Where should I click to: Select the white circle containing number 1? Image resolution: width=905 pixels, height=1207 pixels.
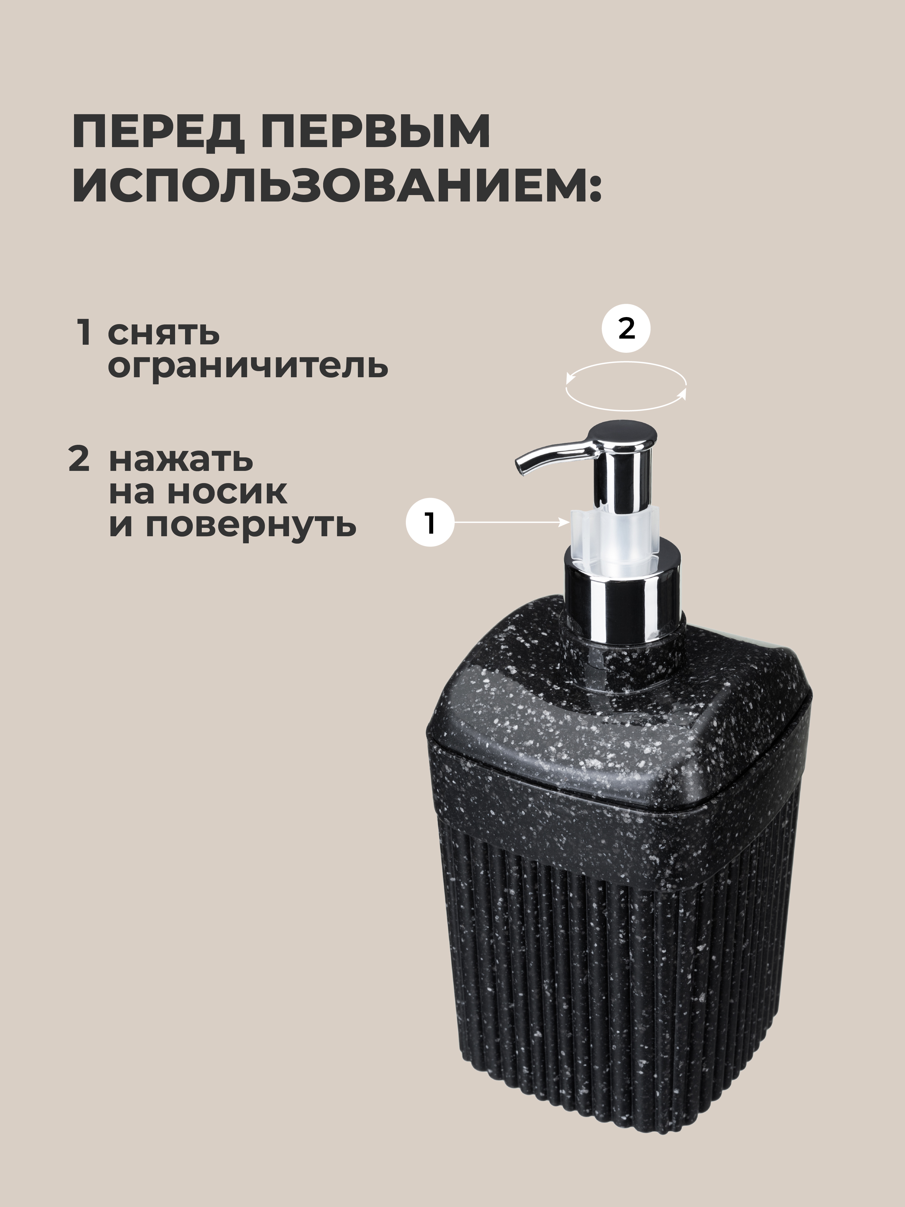point(430,523)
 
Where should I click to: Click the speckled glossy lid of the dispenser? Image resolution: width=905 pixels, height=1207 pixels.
point(616,709)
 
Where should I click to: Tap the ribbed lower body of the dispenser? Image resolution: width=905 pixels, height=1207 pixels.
point(616,1009)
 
